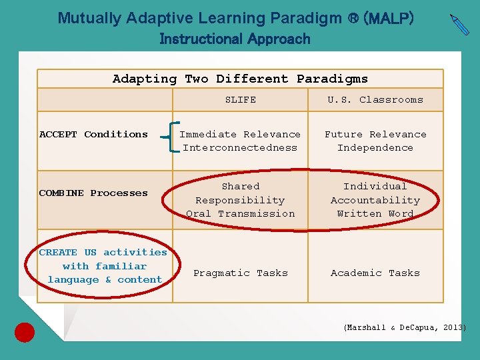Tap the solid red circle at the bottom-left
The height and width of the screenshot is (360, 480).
coord(25,332)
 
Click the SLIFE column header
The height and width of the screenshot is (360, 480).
coord(240,99)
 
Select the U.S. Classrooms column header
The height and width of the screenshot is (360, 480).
coord(375,99)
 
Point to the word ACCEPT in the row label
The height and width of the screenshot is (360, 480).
coord(58,134)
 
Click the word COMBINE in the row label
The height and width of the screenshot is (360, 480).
coord(61,193)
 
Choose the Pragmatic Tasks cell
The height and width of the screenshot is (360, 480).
coord(240,273)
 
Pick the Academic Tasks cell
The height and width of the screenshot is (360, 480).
coord(375,273)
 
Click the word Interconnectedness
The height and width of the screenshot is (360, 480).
coord(240,148)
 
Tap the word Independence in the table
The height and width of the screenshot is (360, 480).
coord(375,148)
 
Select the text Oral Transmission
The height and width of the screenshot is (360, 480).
coord(240,214)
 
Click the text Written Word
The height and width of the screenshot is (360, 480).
coord(375,214)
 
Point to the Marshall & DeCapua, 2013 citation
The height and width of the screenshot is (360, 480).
coord(405,327)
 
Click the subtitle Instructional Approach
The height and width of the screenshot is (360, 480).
coord(235,39)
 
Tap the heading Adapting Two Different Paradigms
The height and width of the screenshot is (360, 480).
coord(240,79)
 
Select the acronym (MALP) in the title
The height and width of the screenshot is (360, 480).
coord(388,18)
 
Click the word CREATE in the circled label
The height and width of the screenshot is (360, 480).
coord(58,252)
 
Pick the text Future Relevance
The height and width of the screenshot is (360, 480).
coord(375,134)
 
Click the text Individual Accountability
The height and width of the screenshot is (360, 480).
coord(375,193)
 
